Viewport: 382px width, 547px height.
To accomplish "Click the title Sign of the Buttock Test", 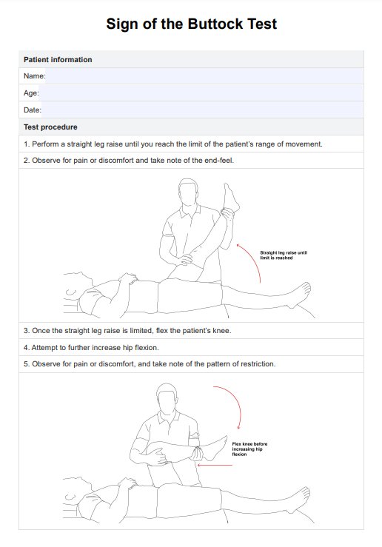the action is [x=191, y=24].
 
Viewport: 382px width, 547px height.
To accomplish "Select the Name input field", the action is [x=204, y=76].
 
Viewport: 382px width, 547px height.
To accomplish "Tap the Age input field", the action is [x=201, y=93].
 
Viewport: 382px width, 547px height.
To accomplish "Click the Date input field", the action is [x=202, y=110].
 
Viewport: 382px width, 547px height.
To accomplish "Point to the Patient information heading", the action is [x=58, y=60].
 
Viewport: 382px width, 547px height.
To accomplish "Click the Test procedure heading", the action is [x=50, y=127].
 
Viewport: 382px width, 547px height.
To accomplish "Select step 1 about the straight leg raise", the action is [x=173, y=144].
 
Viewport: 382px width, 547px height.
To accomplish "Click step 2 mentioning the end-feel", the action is [x=129, y=161].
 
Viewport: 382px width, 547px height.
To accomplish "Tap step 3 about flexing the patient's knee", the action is [x=127, y=330].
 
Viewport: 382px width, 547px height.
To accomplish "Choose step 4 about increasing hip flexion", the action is [x=91, y=347].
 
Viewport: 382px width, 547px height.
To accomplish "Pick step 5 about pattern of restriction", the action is [x=150, y=364].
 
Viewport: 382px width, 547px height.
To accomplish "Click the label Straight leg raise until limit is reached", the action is [x=284, y=255].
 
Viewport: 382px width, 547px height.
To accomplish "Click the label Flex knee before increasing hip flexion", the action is [x=249, y=449].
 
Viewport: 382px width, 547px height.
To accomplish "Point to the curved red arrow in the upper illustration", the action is [x=255, y=259].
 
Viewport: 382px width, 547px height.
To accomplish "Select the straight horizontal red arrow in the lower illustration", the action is [x=215, y=465].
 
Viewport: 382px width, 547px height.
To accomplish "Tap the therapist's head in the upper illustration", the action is [x=188, y=193].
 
